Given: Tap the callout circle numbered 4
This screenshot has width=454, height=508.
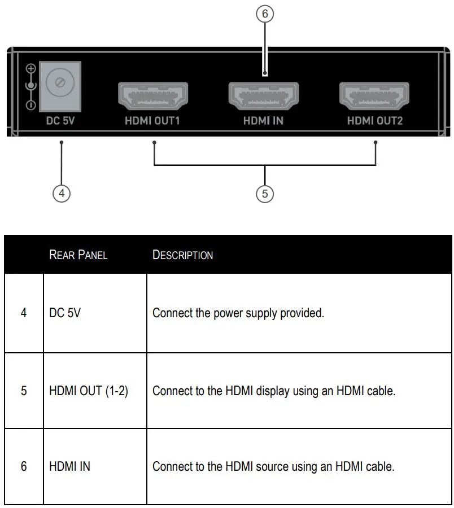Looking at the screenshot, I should (x=62, y=193).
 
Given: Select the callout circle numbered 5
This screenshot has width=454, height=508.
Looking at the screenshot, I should (x=264, y=194).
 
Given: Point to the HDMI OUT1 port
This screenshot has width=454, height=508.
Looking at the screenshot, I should (x=152, y=96).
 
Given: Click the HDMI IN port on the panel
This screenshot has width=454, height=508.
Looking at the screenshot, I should (x=264, y=96).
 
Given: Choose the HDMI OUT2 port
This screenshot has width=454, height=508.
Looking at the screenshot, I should (x=374, y=96).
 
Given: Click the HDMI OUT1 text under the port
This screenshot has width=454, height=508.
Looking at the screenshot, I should (x=152, y=120).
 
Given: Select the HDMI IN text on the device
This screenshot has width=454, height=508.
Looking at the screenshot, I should (x=263, y=120).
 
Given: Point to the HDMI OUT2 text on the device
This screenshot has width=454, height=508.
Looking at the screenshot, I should (x=375, y=120).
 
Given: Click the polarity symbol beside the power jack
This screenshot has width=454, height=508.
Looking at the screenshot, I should (x=31, y=86).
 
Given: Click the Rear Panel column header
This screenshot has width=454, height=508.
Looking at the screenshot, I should (x=78, y=255).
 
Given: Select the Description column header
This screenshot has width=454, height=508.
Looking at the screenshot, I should (x=182, y=255).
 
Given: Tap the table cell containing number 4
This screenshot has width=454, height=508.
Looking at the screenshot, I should (x=24, y=313).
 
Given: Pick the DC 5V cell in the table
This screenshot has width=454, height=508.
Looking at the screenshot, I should (x=65, y=313).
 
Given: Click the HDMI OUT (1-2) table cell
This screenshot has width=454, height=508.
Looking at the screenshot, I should (x=89, y=390).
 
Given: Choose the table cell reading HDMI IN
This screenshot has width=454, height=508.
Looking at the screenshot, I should (x=70, y=467).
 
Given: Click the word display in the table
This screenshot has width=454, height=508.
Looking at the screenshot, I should (x=273, y=390).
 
